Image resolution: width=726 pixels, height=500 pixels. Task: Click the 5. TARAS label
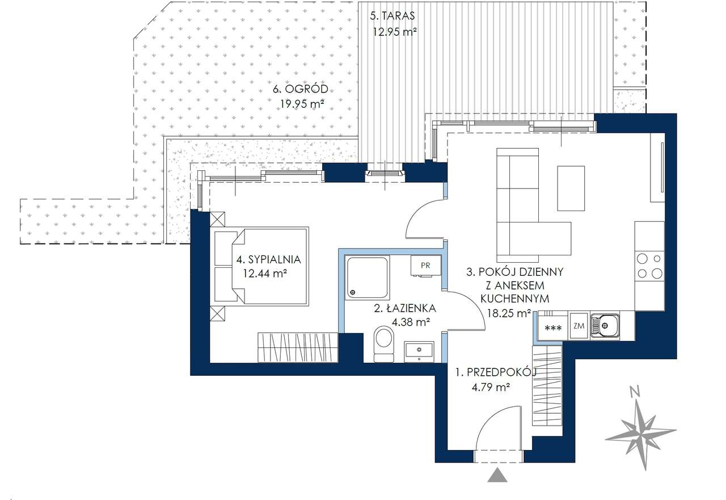coord(392,15)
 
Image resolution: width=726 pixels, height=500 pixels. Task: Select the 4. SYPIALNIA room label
coord(269,259)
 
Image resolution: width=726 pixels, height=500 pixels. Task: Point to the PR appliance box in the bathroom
coord(426,266)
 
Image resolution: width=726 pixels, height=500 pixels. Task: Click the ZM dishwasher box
coord(579,326)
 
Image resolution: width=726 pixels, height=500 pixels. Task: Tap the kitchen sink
coord(605,326)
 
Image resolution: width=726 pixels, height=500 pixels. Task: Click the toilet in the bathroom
coord(383,344)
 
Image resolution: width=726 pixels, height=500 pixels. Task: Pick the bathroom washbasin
coord(419,352)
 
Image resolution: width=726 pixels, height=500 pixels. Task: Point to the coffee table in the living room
coord(571,188)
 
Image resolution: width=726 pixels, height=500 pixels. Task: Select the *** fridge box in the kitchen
coord(553,326)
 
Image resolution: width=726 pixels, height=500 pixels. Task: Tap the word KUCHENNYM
coord(514,299)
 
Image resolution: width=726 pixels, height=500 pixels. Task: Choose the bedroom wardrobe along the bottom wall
coord(298,347)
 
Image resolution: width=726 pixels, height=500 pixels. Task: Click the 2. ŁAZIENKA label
coord(405,308)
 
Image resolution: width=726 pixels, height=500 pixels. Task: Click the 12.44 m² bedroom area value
coord(265,274)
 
